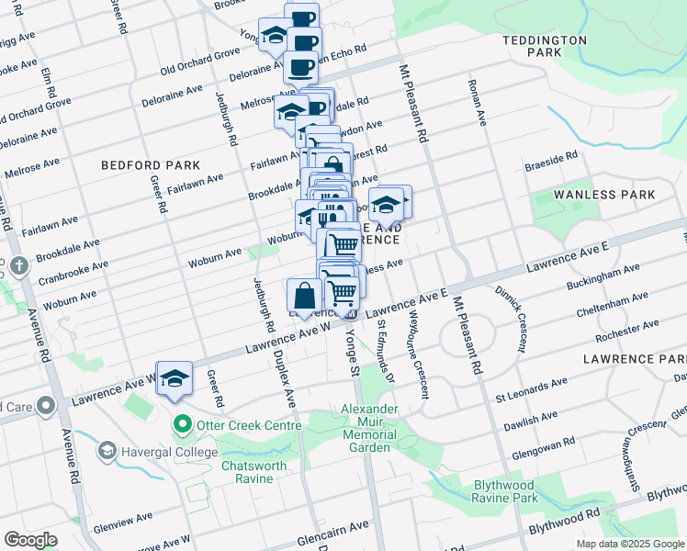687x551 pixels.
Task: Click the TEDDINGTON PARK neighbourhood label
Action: coord(545,47)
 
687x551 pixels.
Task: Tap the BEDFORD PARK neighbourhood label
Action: coord(138,165)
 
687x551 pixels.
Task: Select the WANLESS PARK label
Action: coord(605,195)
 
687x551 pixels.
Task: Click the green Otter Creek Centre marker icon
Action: coord(182,425)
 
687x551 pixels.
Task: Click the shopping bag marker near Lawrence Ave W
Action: coord(304,296)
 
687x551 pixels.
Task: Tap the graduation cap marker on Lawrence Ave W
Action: coord(174,378)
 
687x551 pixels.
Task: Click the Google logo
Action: coord(30,539)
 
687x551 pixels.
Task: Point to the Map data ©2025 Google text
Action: coord(629,544)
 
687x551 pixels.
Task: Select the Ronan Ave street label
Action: coord(479,107)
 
